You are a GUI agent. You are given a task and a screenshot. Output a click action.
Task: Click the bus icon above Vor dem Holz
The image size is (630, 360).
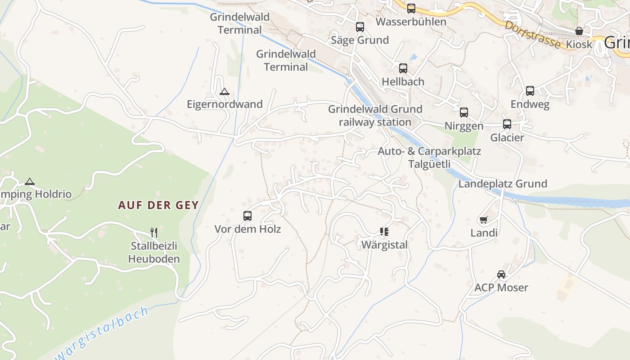tap(247, 216)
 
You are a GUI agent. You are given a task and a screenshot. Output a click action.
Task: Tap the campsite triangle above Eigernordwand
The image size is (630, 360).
tap(224, 91)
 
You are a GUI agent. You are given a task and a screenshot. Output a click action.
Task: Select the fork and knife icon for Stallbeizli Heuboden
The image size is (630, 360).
tap(154, 232)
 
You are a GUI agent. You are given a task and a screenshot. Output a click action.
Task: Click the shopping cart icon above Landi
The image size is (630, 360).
tap(484, 220)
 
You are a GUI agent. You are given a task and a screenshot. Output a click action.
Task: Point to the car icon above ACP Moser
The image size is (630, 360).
tap(501, 274)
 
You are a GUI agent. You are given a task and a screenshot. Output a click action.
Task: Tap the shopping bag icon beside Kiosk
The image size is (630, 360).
tap(579, 31)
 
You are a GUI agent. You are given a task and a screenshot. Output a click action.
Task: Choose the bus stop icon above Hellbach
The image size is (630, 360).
tap(403, 68)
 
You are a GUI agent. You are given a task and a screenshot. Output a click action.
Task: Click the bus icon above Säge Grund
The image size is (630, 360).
tap(360, 27)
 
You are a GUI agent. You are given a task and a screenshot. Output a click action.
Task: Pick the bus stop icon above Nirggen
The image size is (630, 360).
tap(464, 112)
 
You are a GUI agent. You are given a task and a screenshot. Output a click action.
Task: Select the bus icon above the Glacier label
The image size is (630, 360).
tap(507, 124)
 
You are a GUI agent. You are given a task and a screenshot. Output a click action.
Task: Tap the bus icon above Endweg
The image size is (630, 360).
tap(530, 91)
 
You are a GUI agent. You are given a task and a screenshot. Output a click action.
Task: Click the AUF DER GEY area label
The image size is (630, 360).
tap(158, 205)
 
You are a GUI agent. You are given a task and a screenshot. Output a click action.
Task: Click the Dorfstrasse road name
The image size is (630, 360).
tap(533, 34)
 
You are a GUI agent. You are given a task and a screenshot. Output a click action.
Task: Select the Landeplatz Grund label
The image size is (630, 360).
tap(503, 184)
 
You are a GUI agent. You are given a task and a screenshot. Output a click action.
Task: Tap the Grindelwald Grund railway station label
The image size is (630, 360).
tap(375, 116)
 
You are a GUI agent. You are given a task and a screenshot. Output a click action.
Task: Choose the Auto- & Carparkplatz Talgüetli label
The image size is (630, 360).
tap(429, 157)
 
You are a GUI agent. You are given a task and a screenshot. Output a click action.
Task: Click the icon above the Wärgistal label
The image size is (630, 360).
tap(384, 232)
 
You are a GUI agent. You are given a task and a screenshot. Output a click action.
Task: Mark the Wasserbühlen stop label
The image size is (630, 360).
tap(411, 22)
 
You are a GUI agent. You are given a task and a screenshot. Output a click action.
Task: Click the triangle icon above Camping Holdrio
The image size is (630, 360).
tap(30, 182)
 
